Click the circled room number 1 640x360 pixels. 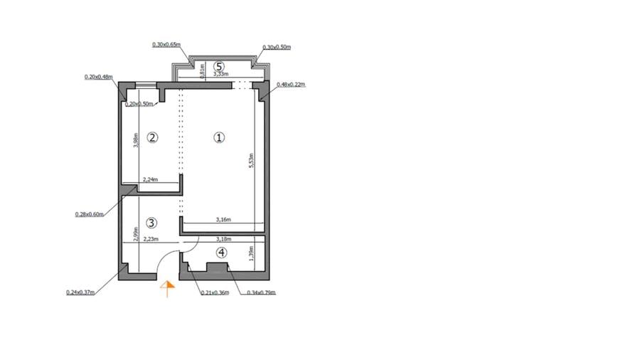(219, 137)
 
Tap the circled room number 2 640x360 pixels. (151, 137)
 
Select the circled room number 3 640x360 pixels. (151, 223)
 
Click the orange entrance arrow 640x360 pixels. (168, 288)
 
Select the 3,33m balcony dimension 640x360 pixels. (220, 73)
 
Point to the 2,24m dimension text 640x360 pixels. (150, 180)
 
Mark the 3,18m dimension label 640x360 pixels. (223, 240)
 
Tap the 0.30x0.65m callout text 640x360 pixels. (166, 44)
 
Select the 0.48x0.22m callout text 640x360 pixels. (290, 84)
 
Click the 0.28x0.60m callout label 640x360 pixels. (90, 213)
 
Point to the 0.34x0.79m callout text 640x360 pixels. (261, 292)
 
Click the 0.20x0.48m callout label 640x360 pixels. (99, 77)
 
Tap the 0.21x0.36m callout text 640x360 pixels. (215, 292)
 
